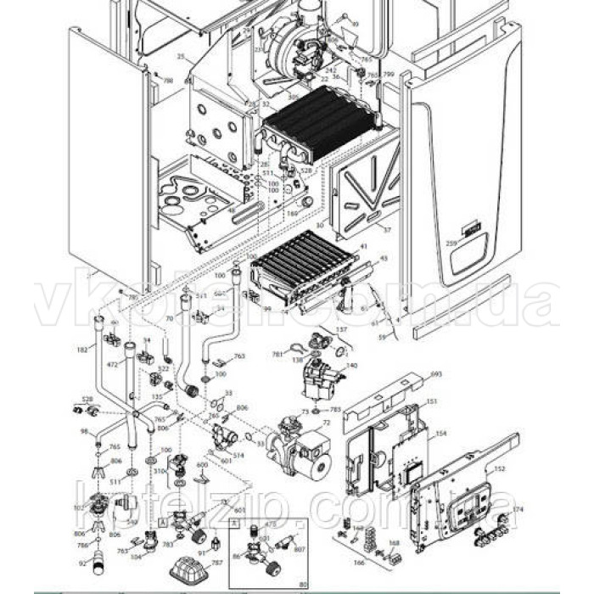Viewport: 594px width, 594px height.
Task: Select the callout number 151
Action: [430, 401]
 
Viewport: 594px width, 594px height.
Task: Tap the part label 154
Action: [440, 433]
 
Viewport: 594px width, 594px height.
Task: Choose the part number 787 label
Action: [216, 563]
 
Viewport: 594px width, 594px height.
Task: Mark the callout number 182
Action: [82, 350]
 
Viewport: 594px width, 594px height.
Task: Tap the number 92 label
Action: [82, 563]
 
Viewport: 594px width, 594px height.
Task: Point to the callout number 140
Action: [351, 365]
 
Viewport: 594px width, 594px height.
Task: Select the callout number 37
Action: [387, 230]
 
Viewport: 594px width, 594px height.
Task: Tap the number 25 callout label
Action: [180, 57]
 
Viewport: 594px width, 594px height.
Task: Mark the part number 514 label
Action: [238, 455]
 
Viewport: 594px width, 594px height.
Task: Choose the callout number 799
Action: [389, 75]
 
